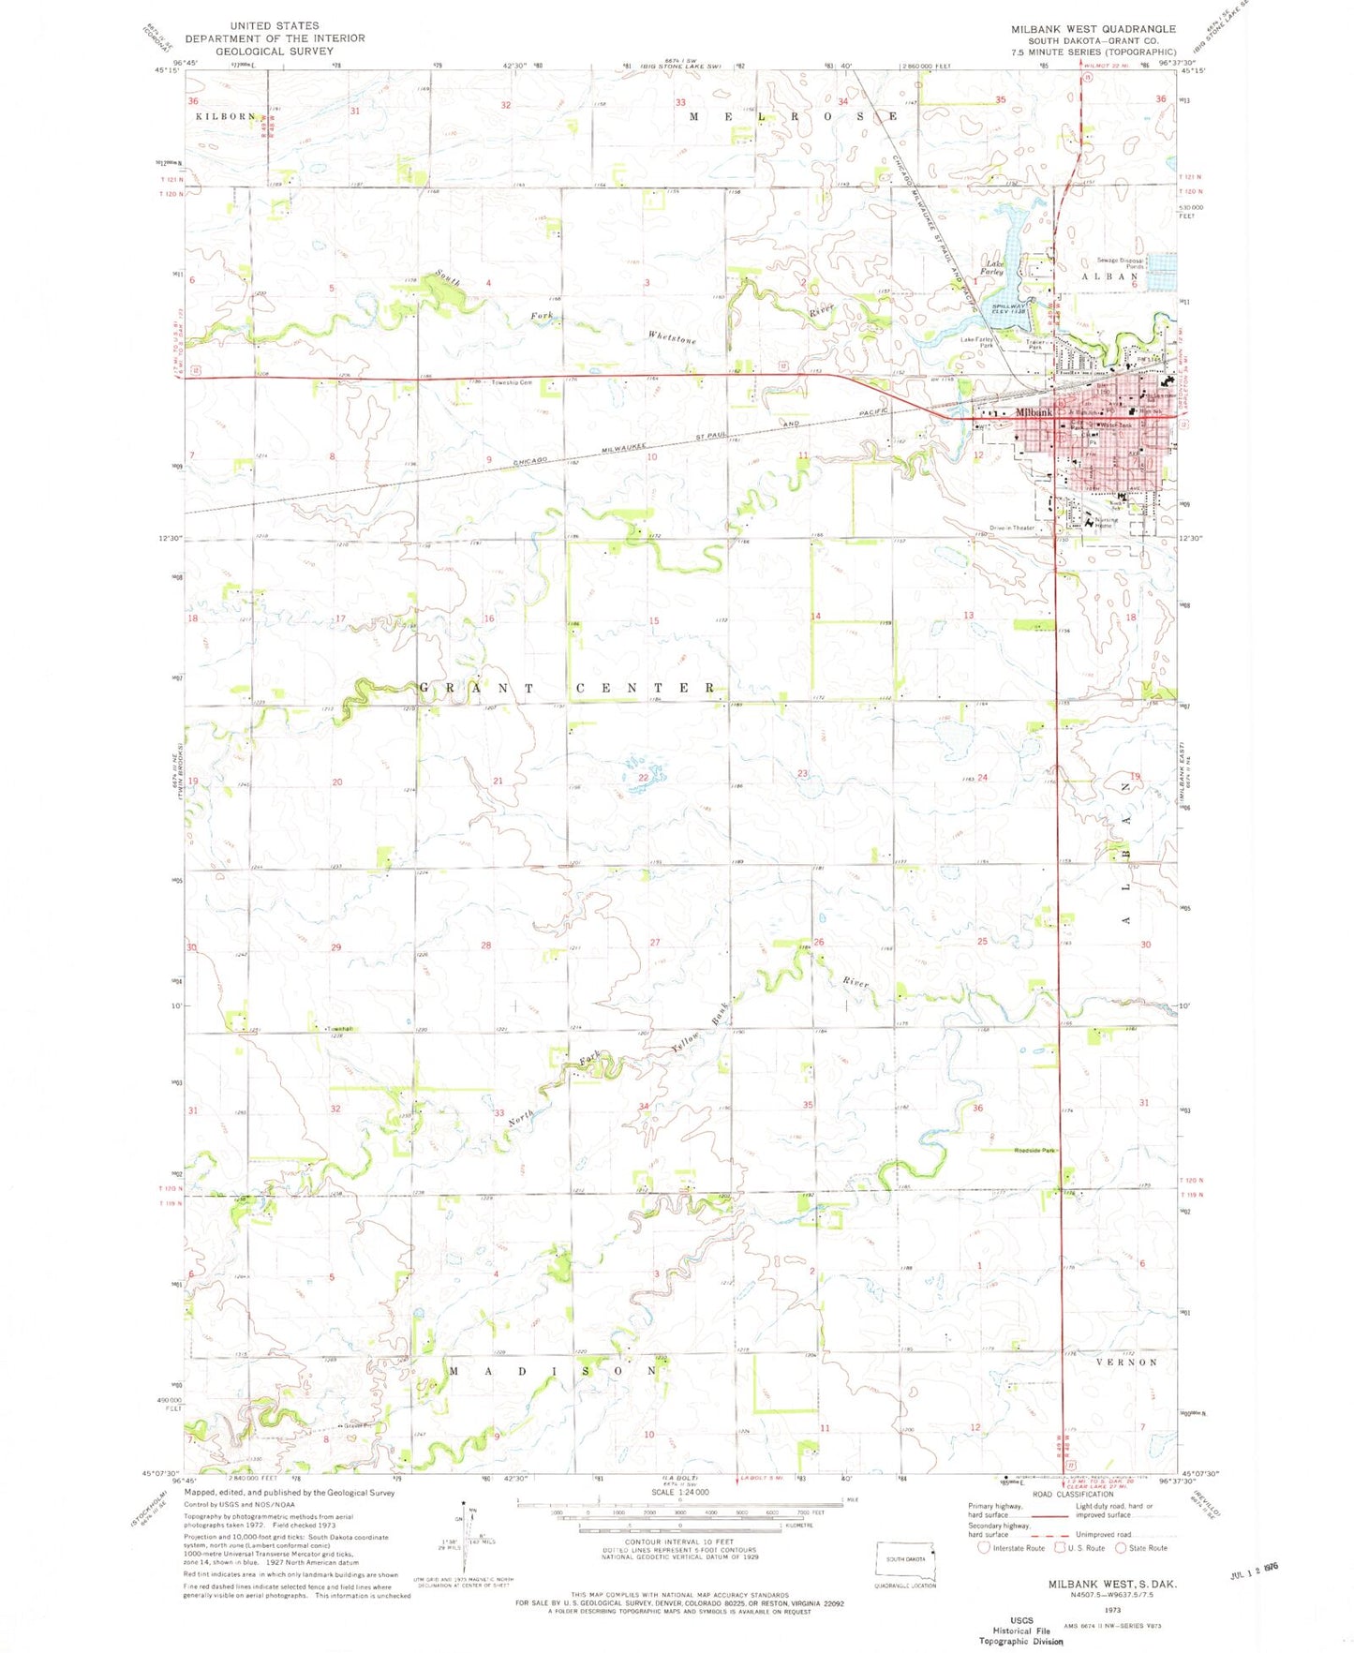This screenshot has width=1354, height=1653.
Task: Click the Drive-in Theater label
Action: coord(1011,528)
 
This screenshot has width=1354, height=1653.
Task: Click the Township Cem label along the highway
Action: coord(511,382)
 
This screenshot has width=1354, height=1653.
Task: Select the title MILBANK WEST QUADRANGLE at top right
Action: coord(1093,29)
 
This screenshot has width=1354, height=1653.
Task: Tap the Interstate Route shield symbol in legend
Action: coord(983,1548)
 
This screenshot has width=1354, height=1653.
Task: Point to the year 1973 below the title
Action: coord(1113,1609)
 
